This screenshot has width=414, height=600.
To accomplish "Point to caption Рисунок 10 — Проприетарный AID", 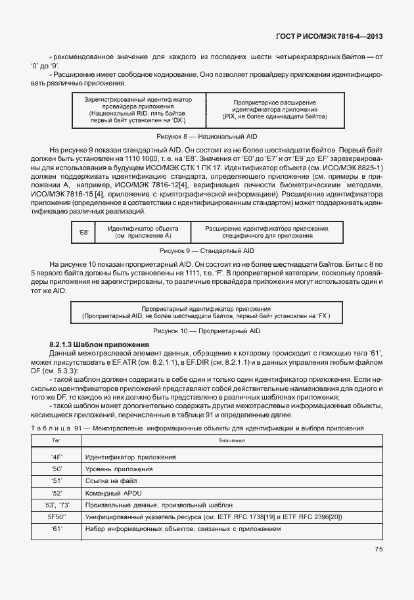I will pos(207,331).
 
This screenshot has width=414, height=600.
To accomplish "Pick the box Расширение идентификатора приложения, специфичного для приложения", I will pos(267,231).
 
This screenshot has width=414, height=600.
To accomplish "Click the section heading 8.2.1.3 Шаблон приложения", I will pos(99,345).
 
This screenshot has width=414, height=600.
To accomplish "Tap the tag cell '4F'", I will pos(56,457).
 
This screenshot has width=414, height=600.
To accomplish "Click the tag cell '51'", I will pos(56,480).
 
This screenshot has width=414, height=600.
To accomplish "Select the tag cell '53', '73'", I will pos(56,505).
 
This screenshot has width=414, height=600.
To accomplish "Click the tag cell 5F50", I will pos(56,517).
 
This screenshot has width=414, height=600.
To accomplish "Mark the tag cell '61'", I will pos(56,529).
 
